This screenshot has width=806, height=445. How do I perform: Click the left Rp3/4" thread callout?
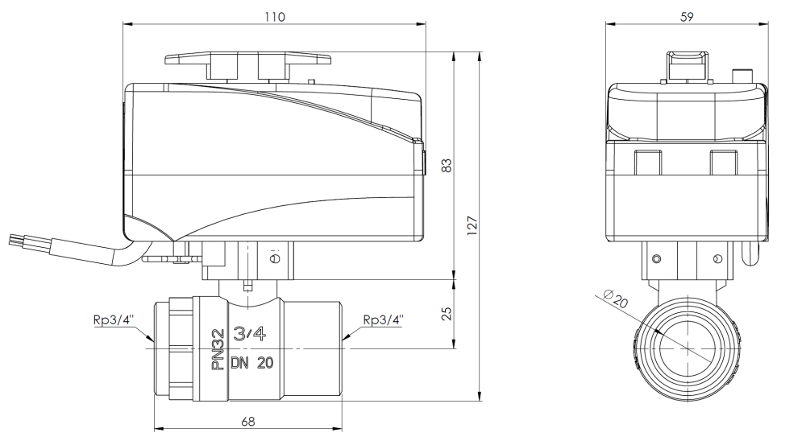pos(113,319)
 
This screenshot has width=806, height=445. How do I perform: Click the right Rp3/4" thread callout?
pos(383,319)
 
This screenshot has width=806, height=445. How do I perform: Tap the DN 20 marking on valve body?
pos(251,363)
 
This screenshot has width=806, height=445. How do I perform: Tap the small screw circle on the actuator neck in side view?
pos(276,259)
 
